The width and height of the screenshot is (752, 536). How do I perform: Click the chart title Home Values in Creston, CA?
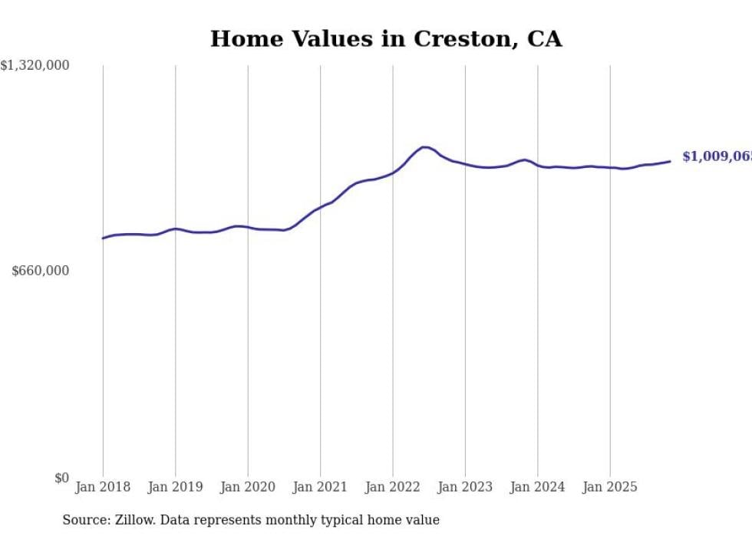click(386, 39)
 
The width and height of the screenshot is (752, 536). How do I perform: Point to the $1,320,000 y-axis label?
click(35, 66)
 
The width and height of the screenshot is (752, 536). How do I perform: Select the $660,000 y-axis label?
click(41, 271)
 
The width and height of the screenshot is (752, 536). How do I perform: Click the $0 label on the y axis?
click(61, 478)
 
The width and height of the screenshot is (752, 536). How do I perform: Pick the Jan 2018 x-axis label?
click(103, 487)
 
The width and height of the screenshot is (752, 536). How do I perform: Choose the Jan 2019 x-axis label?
click(175, 487)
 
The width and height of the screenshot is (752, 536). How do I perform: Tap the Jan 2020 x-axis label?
click(248, 487)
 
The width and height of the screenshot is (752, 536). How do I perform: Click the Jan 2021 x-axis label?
click(320, 487)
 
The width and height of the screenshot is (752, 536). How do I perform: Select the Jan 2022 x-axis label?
click(393, 487)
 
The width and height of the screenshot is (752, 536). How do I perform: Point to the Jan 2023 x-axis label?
click(465, 487)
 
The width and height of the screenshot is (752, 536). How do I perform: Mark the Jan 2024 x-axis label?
click(538, 487)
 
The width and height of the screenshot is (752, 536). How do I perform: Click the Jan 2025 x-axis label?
click(610, 487)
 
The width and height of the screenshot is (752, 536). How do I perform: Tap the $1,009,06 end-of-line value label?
click(716, 156)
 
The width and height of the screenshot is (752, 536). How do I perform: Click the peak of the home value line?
click(424, 146)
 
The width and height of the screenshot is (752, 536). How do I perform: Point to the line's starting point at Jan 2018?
click(103, 238)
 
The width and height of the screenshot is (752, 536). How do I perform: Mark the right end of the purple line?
click(670, 161)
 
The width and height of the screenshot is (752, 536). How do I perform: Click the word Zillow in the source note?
click(135, 520)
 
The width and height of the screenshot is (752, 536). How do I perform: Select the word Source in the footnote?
click(84, 520)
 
